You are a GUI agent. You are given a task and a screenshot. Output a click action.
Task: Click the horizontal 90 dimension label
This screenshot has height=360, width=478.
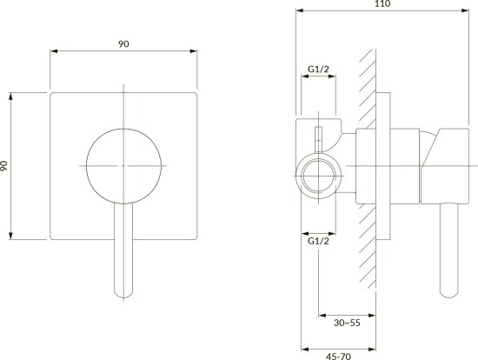click(123, 44)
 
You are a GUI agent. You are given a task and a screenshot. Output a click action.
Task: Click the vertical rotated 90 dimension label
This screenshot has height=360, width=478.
click(3, 166)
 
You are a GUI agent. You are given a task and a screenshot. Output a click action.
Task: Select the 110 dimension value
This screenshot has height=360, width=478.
click(382, 3)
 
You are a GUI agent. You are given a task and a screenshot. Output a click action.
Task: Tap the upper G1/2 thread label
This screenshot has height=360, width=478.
click(318, 69)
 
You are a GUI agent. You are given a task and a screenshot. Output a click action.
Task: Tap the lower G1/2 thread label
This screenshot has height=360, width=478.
click(318, 241)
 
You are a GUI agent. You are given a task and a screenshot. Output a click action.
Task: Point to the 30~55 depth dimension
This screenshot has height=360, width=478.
click(347, 323)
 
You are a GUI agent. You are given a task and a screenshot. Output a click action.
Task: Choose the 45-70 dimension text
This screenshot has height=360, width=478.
click(338, 356)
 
